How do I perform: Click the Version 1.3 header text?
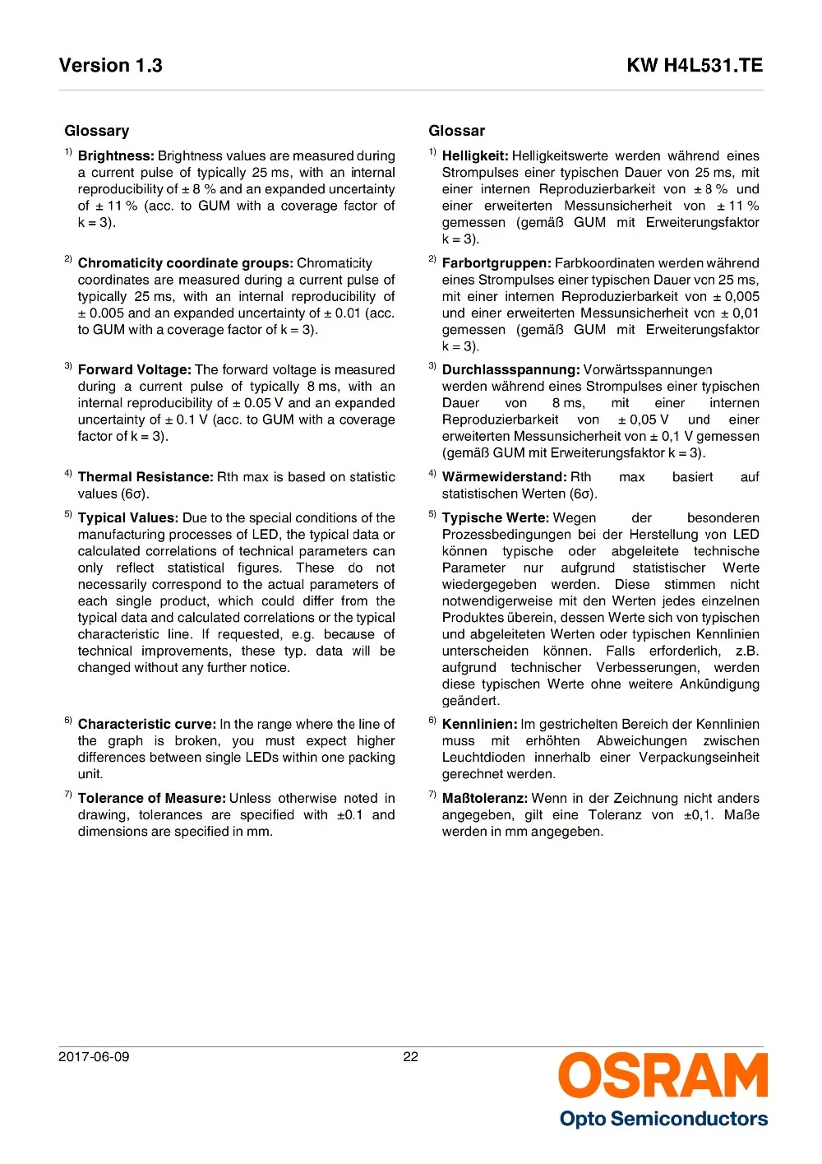point(110,66)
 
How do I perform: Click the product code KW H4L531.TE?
point(695,66)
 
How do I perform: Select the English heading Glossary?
point(97,131)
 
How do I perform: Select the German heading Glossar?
point(457,131)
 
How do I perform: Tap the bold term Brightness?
point(116,156)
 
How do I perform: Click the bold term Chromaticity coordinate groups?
point(185,263)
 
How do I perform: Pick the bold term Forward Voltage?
point(135,370)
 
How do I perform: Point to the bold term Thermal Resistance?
point(145,477)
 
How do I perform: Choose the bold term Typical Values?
point(128,518)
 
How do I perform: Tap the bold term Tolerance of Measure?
point(152,799)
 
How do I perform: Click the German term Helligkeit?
point(475,156)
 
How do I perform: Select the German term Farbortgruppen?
point(496,263)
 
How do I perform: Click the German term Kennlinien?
point(480,725)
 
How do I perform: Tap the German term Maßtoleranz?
point(485,799)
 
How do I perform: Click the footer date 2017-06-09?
point(94,1057)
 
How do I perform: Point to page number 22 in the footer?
point(411,1057)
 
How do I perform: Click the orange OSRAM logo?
point(663,1075)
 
